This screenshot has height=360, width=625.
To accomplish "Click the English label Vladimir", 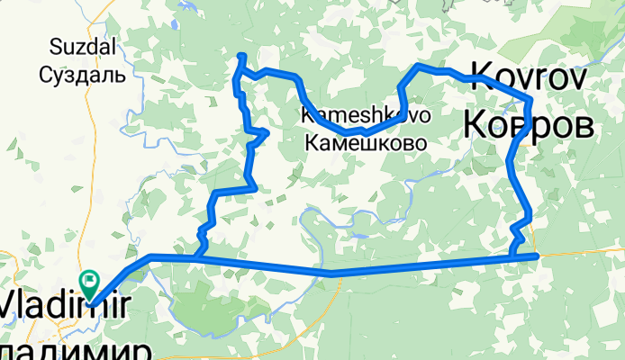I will [59, 303].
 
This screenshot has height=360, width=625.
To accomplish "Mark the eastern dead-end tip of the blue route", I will [538, 256].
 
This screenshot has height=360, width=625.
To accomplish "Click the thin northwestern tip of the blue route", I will [240, 57].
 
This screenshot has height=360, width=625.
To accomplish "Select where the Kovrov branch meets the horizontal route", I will [512, 256].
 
